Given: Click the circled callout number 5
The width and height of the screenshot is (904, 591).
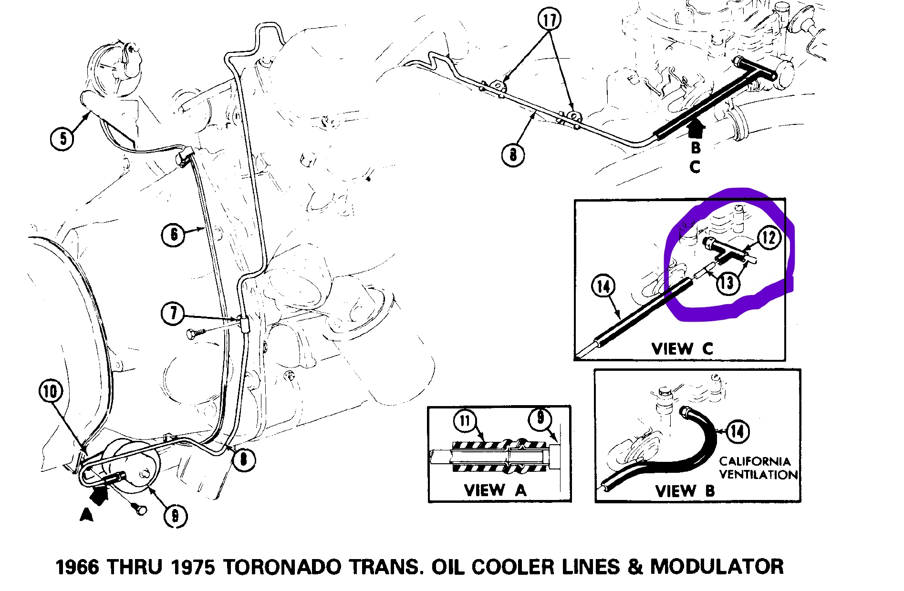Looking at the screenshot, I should (62, 139).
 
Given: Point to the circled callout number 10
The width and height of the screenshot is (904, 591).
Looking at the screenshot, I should (51, 391).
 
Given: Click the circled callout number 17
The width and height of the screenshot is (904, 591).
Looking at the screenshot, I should (549, 20).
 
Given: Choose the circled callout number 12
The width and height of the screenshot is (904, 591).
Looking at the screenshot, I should (768, 237).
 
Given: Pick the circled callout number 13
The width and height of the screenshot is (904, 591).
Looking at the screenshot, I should (727, 283).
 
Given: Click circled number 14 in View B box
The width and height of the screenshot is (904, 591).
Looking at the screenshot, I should (737, 432).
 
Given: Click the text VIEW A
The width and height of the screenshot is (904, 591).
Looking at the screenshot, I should (495, 490).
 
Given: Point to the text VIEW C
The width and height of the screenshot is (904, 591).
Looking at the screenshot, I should (682, 348).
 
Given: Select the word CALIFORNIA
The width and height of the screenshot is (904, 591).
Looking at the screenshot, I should (755, 461).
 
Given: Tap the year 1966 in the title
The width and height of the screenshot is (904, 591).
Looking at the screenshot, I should (78, 567).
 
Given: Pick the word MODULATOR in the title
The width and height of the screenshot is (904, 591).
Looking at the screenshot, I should (717, 567).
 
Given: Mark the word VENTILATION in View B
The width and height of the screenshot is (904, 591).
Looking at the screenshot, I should (758, 475).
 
